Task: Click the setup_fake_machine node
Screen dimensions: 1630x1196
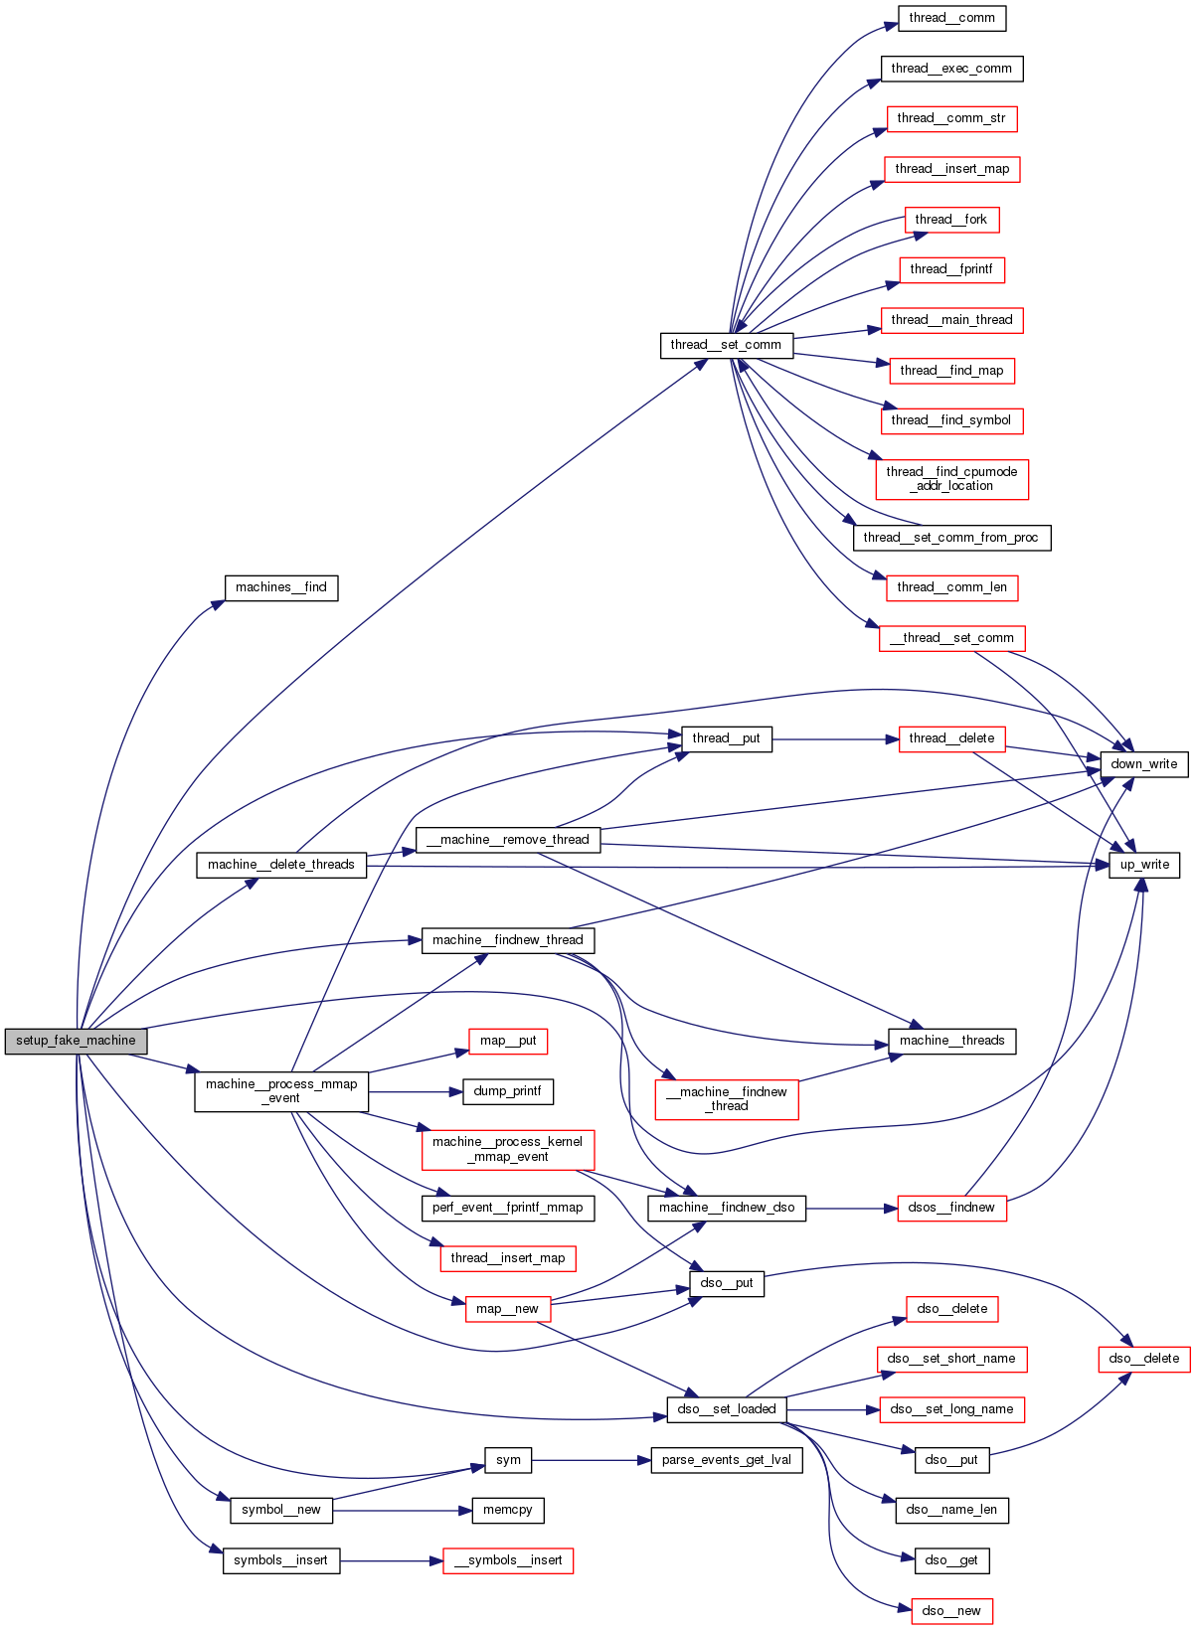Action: pos(76,1041)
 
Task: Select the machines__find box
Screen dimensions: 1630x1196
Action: pos(280,587)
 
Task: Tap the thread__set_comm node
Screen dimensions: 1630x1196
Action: pos(726,345)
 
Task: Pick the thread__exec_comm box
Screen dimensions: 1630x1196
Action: pos(951,69)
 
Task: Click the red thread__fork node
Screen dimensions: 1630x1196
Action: pos(951,220)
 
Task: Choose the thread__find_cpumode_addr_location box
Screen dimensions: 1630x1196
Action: pos(951,479)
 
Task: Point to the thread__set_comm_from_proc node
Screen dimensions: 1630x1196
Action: pos(950,538)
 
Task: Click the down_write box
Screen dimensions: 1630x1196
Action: pos(1143,764)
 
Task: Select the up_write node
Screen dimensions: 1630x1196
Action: pos(1144,865)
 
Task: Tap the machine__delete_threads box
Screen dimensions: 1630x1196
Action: pos(281,865)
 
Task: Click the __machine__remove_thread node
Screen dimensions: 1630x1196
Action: pos(507,840)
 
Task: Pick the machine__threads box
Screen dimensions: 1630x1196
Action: pos(951,1041)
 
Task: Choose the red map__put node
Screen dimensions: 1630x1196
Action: pos(508,1041)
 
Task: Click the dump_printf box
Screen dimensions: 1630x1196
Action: pos(507,1091)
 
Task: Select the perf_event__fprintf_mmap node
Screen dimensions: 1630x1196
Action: pos(507,1208)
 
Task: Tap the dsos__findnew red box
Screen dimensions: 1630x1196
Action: pos(951,1208)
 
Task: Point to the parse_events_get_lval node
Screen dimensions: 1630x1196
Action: pos(726,1460)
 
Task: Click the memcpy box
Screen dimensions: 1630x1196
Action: pos(507,1510)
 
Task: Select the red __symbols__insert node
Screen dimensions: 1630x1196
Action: pos(508,1560)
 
